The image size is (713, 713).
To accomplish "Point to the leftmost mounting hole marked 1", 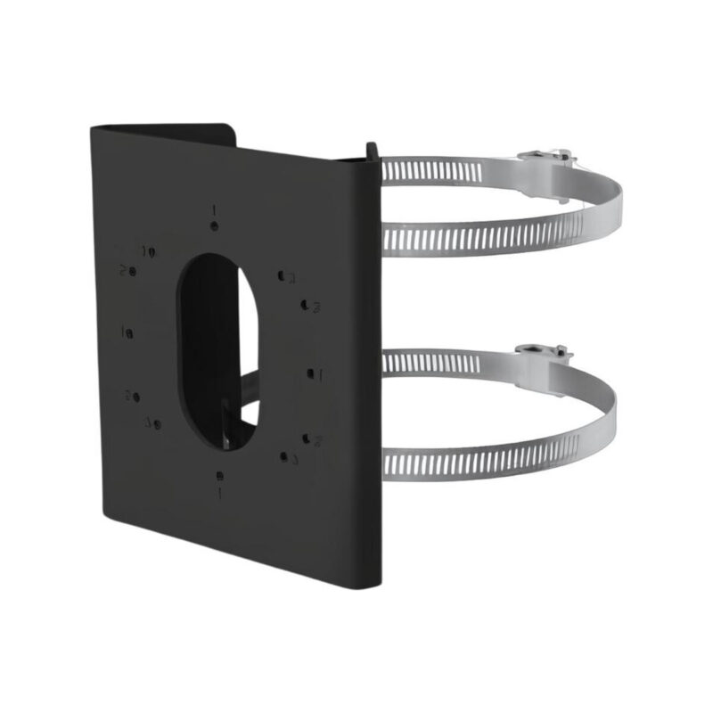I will point(130,333).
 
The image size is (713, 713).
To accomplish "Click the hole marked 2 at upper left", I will point(133,269).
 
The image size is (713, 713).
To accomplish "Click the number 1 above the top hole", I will point(215,210).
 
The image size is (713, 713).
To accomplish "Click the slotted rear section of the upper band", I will point(446,169).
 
